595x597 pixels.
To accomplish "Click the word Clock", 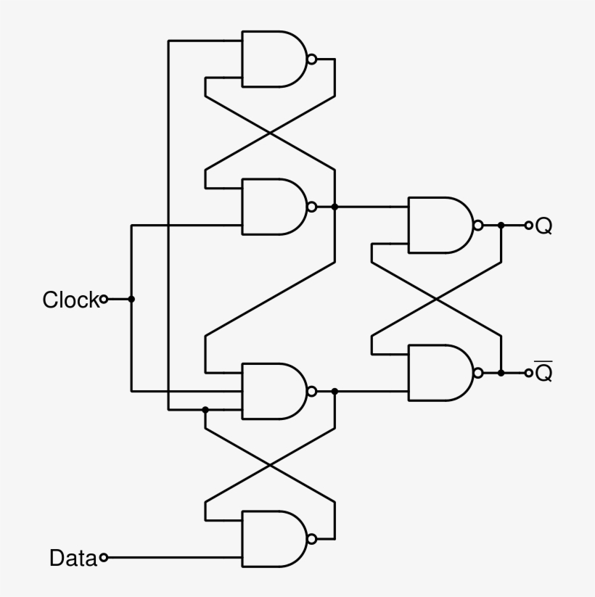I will tap(70, 300).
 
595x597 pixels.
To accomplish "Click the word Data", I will tap(73, 558).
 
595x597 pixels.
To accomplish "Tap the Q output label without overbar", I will tap(543, 226).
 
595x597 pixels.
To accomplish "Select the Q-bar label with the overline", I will tap(543, 373).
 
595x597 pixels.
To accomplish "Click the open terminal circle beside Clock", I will tap(104, 299).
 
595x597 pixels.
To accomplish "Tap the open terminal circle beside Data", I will tap(104, 558).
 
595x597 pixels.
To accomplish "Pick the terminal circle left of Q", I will tap(528, 226).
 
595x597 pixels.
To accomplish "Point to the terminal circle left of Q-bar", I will tap(528, 373).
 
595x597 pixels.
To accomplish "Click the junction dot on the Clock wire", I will tap(131, 299).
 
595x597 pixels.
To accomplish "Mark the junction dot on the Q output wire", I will tap(501, 226).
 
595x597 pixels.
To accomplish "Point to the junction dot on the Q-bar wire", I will tap(501, 373).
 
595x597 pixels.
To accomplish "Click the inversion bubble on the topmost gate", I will tap(311, 59).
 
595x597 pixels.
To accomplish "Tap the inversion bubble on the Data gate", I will tap(311, 539).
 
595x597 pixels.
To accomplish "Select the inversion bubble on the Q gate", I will tap(477, 226).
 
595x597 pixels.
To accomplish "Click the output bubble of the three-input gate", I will tap(311, 392).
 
